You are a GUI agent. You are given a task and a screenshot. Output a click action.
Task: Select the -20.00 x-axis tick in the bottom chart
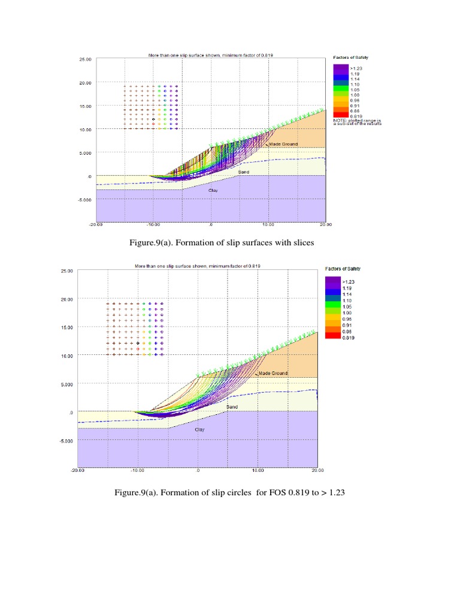[x=77, y=471]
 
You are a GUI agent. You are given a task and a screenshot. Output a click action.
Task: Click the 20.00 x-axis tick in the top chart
[x=325, y=224]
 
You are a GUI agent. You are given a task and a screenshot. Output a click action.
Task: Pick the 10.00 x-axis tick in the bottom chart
[x=258, y=471]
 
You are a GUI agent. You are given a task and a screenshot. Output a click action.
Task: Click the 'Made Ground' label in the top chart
[x=283, y=144]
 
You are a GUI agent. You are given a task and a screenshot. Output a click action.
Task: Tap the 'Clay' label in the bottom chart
[x=200, y=429]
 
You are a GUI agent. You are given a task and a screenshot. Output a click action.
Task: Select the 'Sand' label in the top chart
[x=243, y=172]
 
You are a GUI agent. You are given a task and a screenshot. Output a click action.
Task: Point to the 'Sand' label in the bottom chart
[x=232, y=407]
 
